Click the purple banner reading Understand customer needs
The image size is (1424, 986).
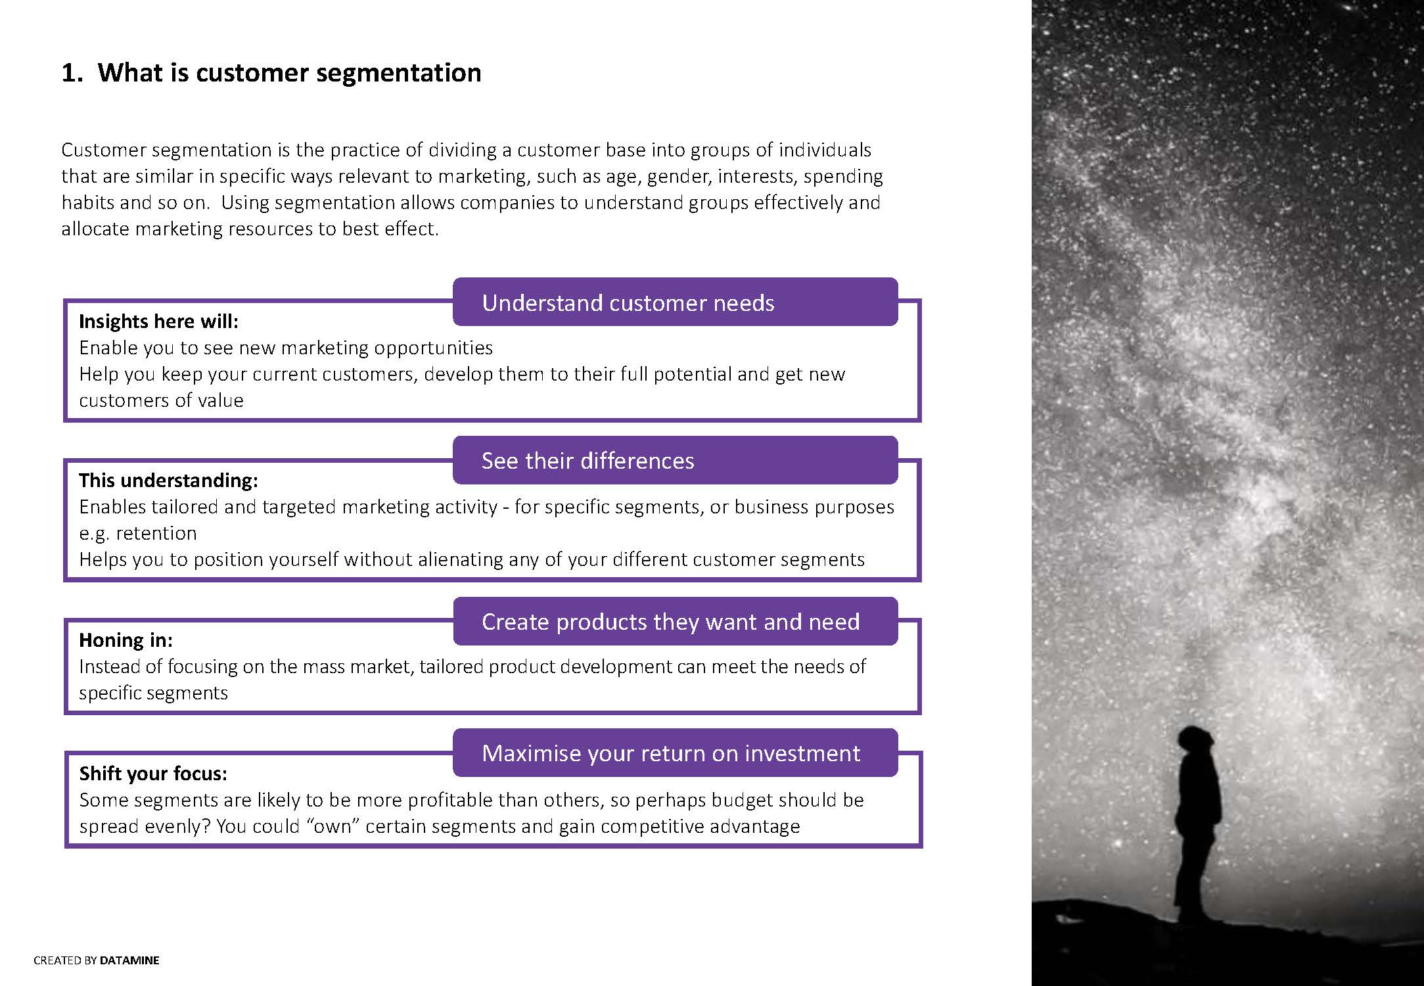675,302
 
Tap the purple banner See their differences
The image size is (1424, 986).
675,460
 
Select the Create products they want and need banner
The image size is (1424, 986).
675,621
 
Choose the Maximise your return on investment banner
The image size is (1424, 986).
675,753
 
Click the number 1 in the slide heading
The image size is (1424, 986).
69,72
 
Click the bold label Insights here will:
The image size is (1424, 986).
158,321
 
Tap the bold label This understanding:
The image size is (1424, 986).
168,481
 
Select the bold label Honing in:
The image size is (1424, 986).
126,640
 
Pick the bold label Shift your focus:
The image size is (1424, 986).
153,774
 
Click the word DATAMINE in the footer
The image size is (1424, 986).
129,960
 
